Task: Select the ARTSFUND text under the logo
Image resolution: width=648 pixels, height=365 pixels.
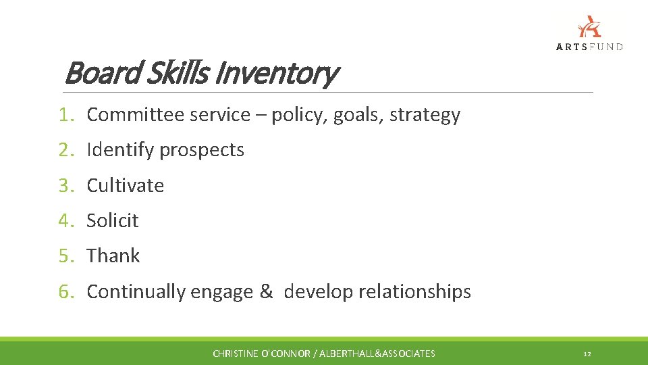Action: click(589, 47)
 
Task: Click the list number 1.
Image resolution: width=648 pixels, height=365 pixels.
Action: click(64, 115)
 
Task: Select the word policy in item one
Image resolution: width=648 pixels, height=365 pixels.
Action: click(298, 115)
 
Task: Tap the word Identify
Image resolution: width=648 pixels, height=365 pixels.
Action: click(121, 150)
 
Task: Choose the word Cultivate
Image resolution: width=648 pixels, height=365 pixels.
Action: click(126, 185)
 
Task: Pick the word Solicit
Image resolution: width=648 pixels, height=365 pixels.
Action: click(113, 220)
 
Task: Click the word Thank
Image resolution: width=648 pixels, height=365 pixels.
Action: click(113, 255)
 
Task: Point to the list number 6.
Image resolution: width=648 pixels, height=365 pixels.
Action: click(64, 291)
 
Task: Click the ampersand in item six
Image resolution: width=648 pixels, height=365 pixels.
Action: click(265, 291)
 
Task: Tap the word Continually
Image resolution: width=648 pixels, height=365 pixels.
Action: click(136, 291)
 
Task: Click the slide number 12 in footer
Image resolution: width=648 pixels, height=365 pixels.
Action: click(587, 354)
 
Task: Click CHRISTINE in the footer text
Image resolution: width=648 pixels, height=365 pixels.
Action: click(234, 354)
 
